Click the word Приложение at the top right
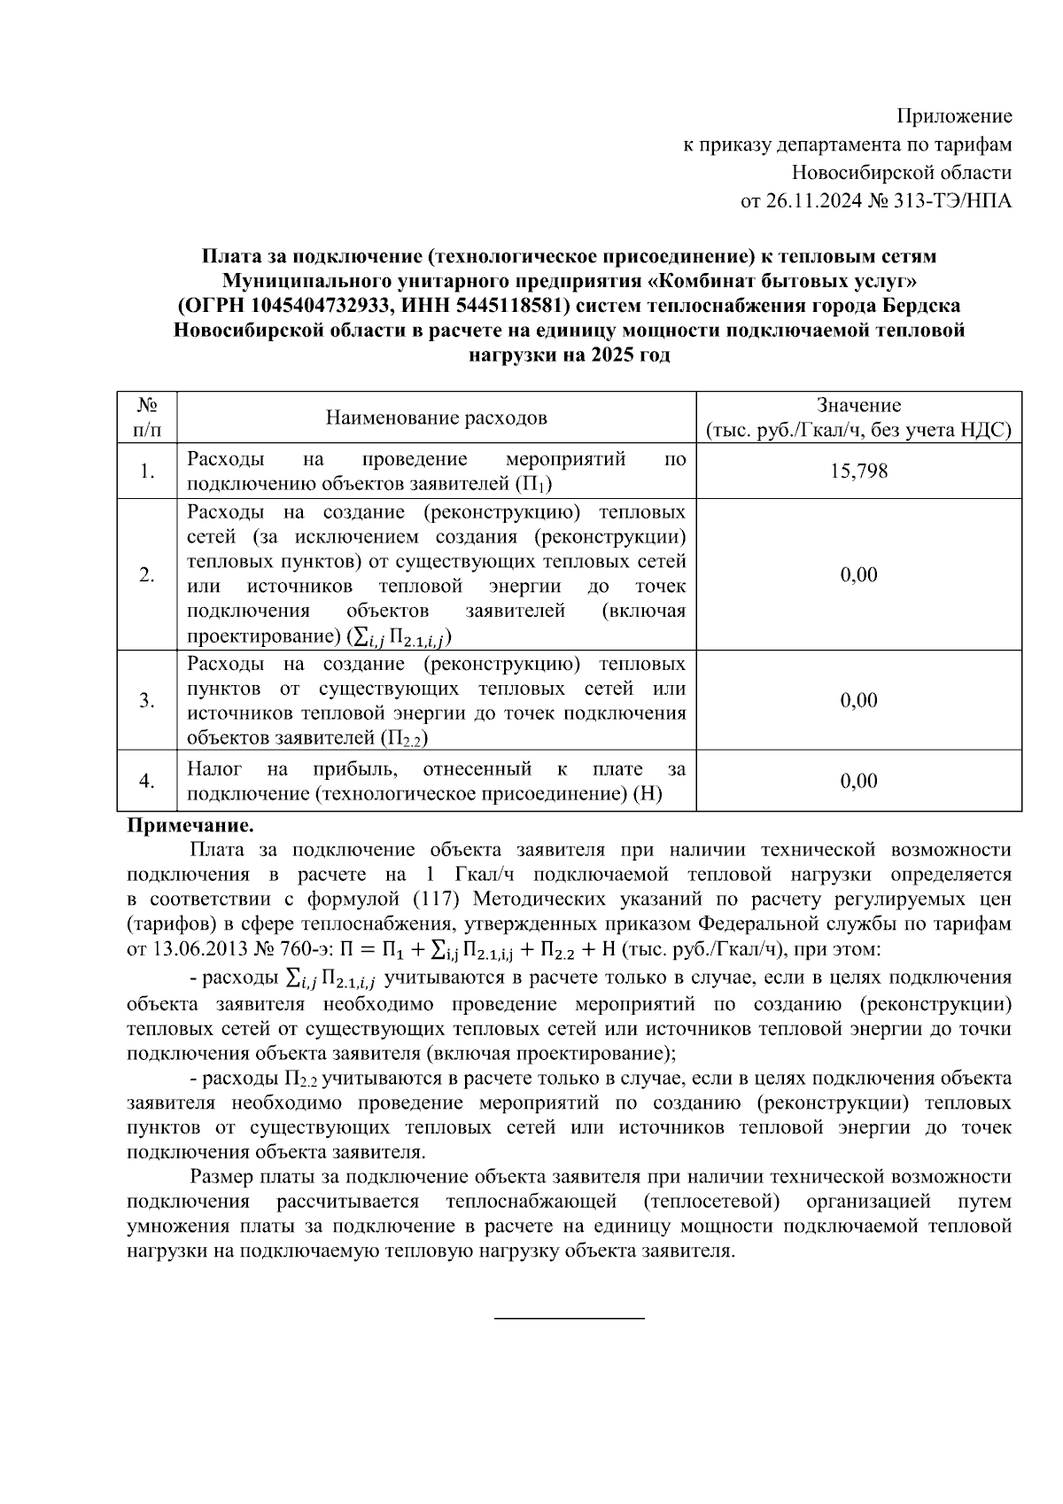click(x=954, y=116)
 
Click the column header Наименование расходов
click(x=436, y=417)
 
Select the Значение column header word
click(x=858, y=406)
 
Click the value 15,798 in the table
click(x=858, y=471)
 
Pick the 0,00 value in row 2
click(x=858, y=574)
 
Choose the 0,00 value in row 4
click(x=858, y=781)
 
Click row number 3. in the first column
click(x=147, y=700)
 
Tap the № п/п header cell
click(x=147, y=417)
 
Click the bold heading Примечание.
click(x=191, y=826)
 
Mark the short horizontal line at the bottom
click(x=569, y=1320)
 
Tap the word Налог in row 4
click(x=213, y=768)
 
